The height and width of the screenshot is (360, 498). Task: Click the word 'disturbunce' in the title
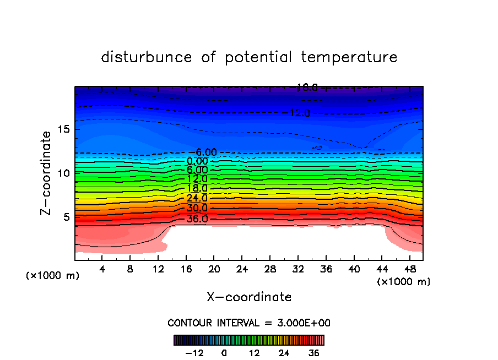point(147,57)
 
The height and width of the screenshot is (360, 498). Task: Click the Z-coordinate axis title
point(47,173)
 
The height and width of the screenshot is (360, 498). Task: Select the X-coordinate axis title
point(249,297)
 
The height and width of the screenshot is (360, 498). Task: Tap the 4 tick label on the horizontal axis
point(102,269)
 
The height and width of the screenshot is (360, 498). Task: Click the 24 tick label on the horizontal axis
point(242,269)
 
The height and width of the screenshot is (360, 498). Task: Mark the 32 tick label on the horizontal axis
point(297,269)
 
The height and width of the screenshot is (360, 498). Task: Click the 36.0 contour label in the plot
point(197,219)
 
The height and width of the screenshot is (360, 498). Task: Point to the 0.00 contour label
point(197,161)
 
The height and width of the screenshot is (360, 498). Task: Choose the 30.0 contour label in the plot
point(197,209)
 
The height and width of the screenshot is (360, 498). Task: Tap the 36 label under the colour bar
point(314,353)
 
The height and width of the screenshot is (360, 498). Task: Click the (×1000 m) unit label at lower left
point(53,276)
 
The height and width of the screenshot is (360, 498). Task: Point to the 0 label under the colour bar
point(224,353)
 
